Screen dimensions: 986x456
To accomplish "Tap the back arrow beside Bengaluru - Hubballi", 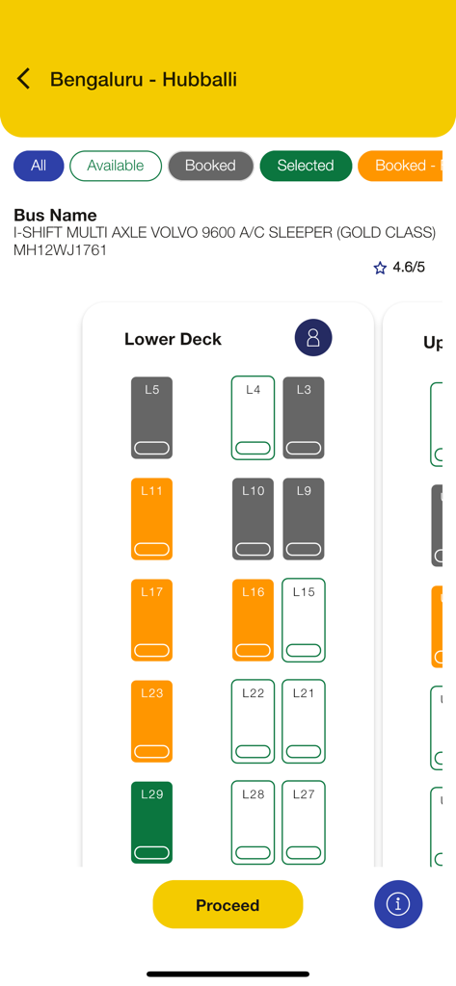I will point(24,79).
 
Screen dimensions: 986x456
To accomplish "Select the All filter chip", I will point(39,166).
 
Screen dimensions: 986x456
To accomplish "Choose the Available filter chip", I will point(115,166).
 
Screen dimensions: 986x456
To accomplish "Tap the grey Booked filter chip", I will point(210,166).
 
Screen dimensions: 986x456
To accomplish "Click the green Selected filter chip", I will point(305,166).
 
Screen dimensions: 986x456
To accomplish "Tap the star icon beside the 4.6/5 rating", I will point(380,268).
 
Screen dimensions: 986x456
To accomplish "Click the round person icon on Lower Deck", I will point(313,338).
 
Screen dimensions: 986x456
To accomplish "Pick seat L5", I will point(151,418).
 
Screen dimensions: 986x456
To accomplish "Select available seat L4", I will point(253,418).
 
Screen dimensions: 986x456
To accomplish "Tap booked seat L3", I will point(304,418).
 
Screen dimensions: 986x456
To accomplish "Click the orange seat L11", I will point(151,519).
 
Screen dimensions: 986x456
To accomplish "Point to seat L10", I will point(253,519).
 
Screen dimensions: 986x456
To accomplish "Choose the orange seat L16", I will point(253,620).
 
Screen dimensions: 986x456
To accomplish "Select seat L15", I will point(304,620).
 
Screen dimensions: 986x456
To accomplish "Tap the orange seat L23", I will point(151,721).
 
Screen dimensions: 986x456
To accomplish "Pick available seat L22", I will point(253,721).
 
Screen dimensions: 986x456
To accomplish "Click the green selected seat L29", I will point(151,822).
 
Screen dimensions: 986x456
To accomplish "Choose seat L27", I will point(304,822).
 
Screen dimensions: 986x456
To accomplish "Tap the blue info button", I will point(398,904).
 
